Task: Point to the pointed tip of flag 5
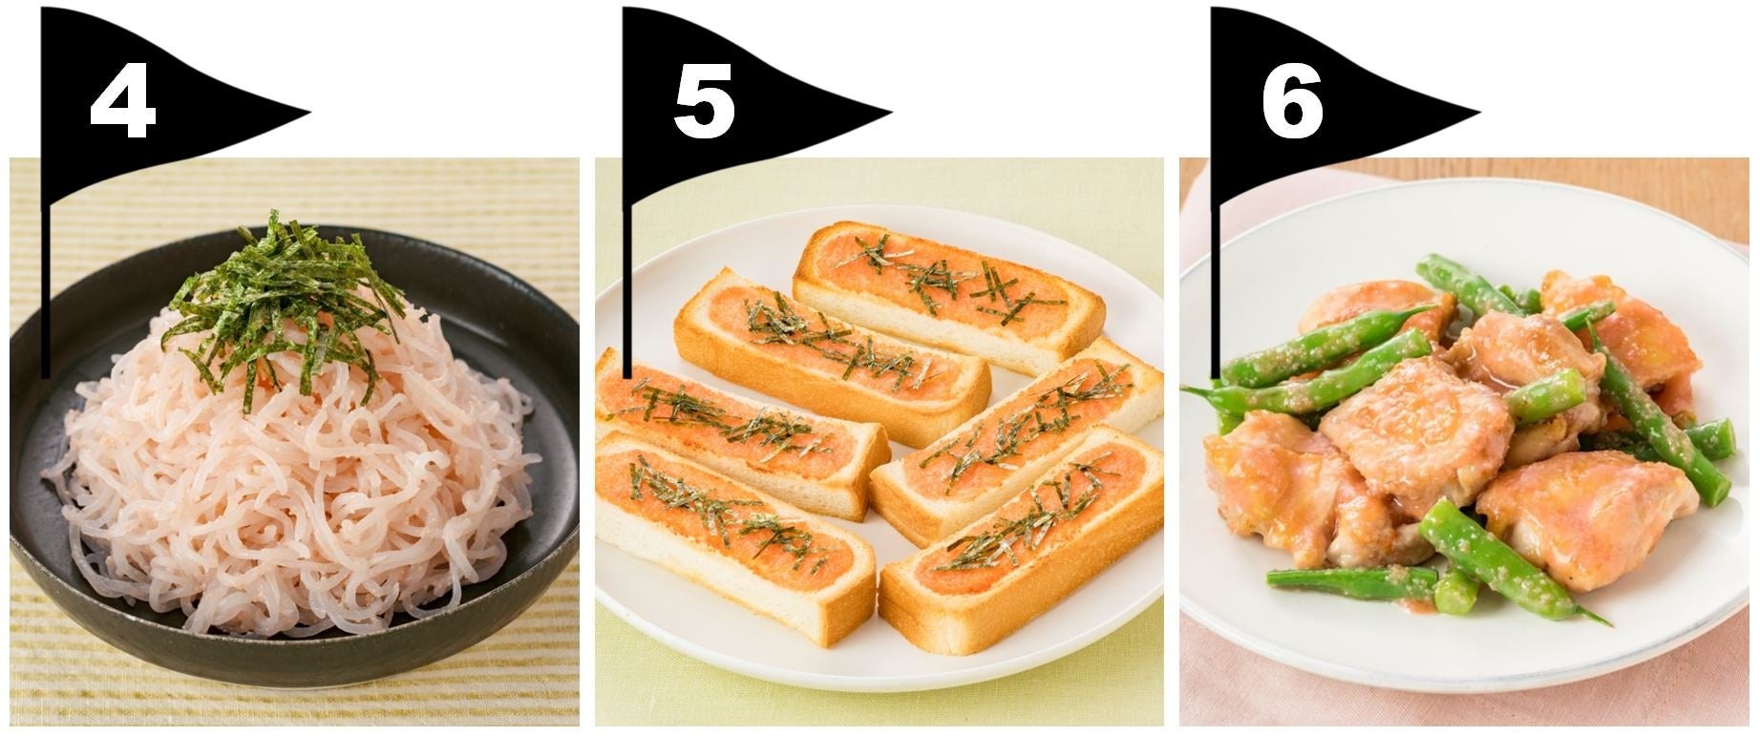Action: click(x=890, y=114)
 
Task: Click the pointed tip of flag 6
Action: click(x=1478, y=114)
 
